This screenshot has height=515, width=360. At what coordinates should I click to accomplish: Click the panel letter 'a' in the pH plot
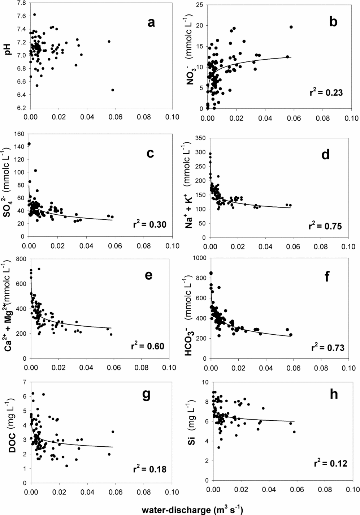pos(151,22)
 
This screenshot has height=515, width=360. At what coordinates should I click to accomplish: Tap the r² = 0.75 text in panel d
pos(325,226)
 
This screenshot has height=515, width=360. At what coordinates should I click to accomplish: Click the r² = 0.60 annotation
pos(147,346)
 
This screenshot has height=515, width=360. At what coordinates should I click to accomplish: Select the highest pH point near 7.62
pos(35,15)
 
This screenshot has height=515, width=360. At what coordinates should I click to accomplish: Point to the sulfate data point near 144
pos(29,144)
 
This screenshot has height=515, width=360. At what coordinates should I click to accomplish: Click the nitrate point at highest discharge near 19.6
pos(291,27)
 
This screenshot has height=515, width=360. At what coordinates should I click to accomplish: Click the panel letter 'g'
pos(146,395)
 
